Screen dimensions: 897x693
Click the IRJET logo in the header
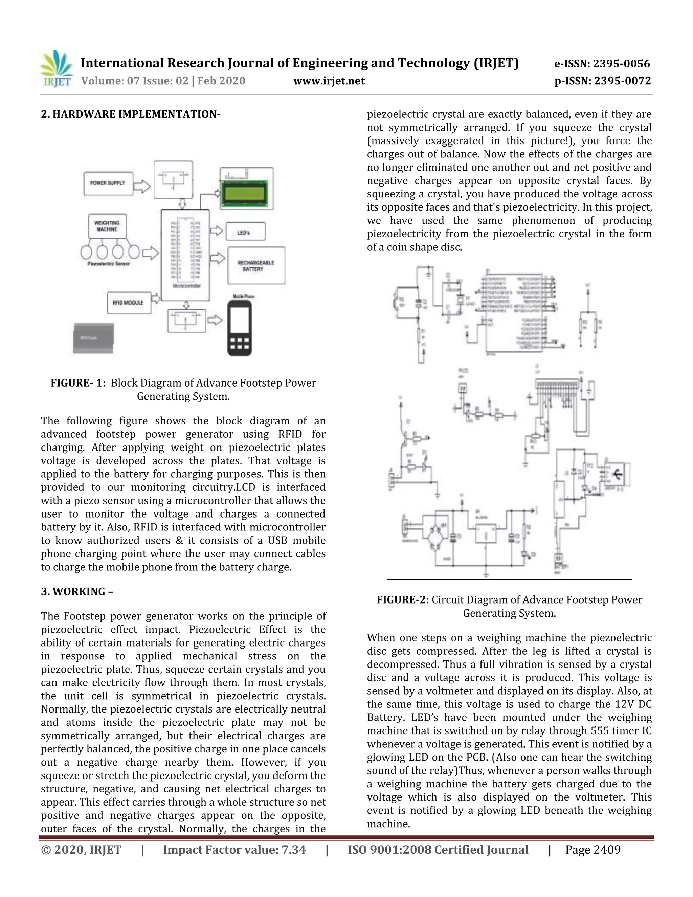pyautogui.click(x=57, y=69)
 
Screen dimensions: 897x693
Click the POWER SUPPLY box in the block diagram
pyautogui.click(x=108, y=183)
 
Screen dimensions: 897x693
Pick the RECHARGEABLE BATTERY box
pyautogui.click(x=256, y=266)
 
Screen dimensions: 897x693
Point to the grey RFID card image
pyautogui.click(x=93, y=338)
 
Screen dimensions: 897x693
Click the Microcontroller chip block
pyautogui.click(x=185, y=255)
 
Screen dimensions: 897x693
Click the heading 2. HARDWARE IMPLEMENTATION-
pyautogui.click(x=131, y=114)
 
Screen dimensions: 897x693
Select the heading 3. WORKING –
pyautogui.click(x=77, y=591)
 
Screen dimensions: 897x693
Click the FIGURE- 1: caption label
pyautogui.click(x=78, y=383)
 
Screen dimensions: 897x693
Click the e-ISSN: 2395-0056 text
pyautogui.click(x=602, y=64)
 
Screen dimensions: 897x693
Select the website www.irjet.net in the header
pyautogui.click(x=329, y=81)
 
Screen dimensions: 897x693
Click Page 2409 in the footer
pyautogui.click(x=593, y=849)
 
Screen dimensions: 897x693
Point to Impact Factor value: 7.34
pyautogui.click(x=234, y=849)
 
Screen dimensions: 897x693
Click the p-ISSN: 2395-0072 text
pyautogui.click(x=602, y=81)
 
